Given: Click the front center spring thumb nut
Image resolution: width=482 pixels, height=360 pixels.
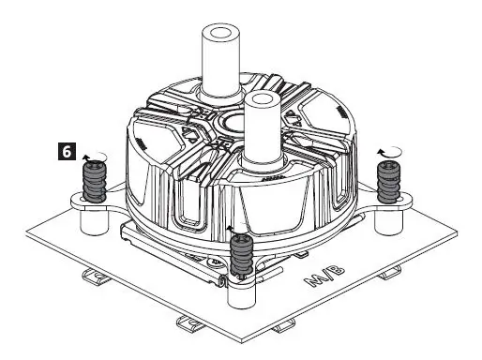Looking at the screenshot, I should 241,256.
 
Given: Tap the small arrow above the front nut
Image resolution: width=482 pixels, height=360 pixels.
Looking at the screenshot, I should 233,228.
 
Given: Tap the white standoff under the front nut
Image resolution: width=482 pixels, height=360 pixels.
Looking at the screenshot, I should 241,292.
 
